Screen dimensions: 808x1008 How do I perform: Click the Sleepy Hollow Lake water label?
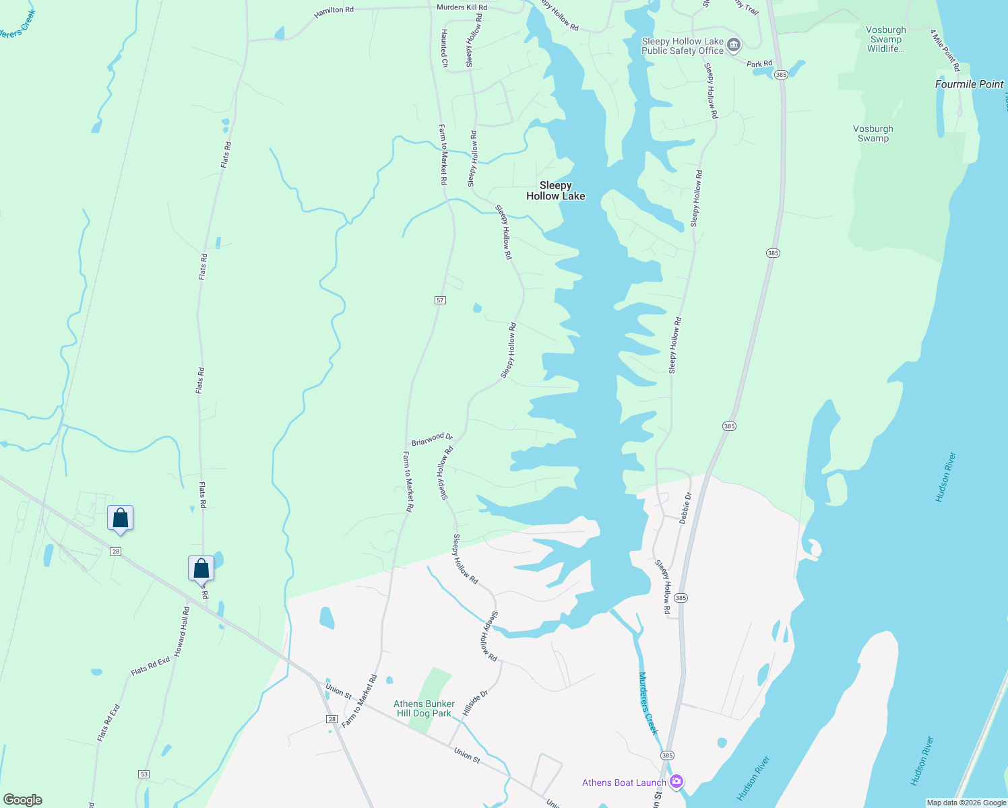pyautogui.click(x=555, y=191)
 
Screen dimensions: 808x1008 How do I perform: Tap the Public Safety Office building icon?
pyautogui.click(x=734, y=46)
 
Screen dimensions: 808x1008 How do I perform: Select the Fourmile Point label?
pyautogui.click(x=969, y=84)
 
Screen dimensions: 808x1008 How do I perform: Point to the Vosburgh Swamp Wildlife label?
pyautogui.click(x=885, y=39)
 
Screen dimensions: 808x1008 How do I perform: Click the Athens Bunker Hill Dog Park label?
pyautogui.click(x=424, y=708)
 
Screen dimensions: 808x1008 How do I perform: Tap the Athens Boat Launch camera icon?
pyautogui.click(x=676, y=782)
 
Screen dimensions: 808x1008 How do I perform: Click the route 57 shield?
pyautogui.click(x=440, y=300)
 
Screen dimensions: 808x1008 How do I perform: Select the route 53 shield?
pyautogui.click(x=144, y=774)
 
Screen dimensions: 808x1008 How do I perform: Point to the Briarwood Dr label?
pyautogui.click(x=432, y=439)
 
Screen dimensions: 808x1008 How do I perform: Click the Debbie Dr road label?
pyautogui.click(x=685, y=508)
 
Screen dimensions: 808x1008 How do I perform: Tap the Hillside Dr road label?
pyautogui.click(x=475, y=703)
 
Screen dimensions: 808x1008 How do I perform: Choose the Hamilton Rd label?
pyautogui.click(x=334, y=12)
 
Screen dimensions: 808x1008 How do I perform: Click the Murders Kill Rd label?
pyautogui.click(x=462, y=7)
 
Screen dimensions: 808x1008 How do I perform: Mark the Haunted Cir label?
pyautogui.click(x=444, y=48)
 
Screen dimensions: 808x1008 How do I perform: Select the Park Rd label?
pyautogui.click(x=759, y=64)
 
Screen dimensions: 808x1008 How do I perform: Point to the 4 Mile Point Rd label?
pyautogui.click(x=945, y=50)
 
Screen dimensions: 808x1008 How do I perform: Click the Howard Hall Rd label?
pyautogui.click(x=182, y=631)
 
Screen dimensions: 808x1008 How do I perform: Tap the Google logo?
pyautogui.click(x=23, y=799)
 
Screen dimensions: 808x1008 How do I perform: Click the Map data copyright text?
pyautogui.click(x=966, y=803)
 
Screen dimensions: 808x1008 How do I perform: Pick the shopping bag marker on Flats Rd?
pyautogui.click(x=201, y=568)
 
